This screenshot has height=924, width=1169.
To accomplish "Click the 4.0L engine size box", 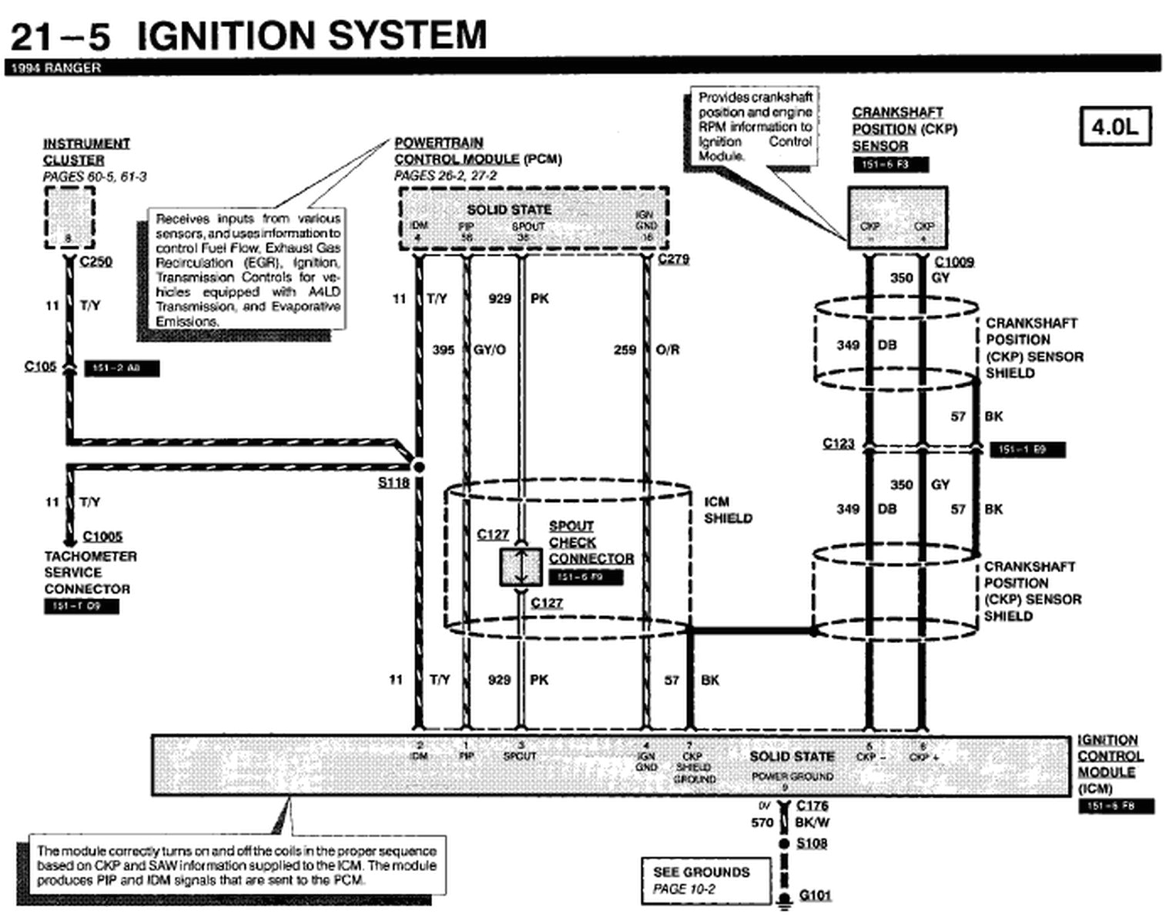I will point(1114,127).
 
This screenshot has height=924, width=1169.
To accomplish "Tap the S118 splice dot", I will point(418,467).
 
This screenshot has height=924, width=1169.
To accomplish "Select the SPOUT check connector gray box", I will point(521,567).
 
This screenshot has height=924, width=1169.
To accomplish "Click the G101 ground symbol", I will point(785,898).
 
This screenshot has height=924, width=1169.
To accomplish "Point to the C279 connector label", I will point(673,259).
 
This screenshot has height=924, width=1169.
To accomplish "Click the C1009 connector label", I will point(953,262).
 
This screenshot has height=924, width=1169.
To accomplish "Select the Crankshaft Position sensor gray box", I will point(897,218).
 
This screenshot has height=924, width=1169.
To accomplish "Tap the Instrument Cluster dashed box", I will point(69,218).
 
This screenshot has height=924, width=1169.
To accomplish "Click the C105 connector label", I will point(40,367).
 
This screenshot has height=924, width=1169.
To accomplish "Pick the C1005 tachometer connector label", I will point(102,537).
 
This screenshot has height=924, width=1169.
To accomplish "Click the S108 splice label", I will point(812,843).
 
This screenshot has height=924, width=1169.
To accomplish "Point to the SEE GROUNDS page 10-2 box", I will point(705,880).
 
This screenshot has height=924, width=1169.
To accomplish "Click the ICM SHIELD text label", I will point(727,510).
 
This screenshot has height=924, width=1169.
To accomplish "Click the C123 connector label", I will point(838,444).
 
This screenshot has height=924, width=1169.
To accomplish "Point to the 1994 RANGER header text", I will point(54,68).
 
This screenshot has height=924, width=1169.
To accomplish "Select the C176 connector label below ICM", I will point(812,805).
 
